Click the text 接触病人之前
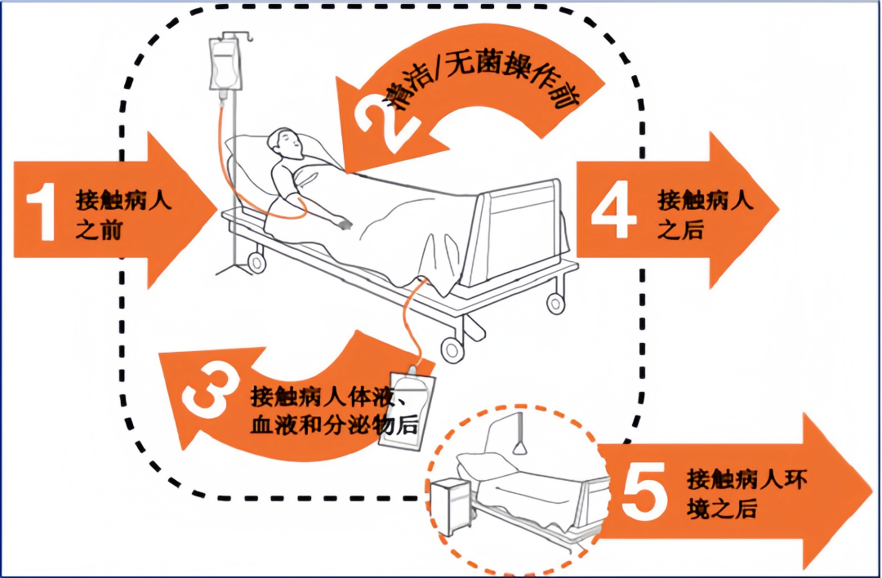coord(122,214)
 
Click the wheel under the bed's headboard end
coord(256,262)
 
